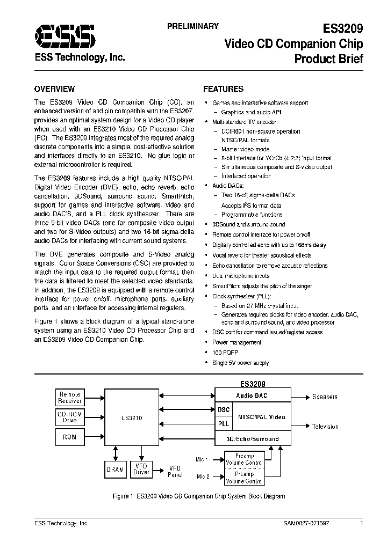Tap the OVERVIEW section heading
coord(54,89)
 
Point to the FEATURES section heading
coord(223,89)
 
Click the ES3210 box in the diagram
coord(131,416)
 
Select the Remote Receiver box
coord(70,398)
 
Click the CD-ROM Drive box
coord(70,417)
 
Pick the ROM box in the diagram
coord(70,437)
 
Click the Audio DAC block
coord(252,396)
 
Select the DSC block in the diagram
coord(224,410)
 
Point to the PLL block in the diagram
coord(224,423)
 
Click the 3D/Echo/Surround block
coord(253,439)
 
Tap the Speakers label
coord(325,397)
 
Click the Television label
coord(325,427)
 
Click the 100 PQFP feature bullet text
coord(226,353)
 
